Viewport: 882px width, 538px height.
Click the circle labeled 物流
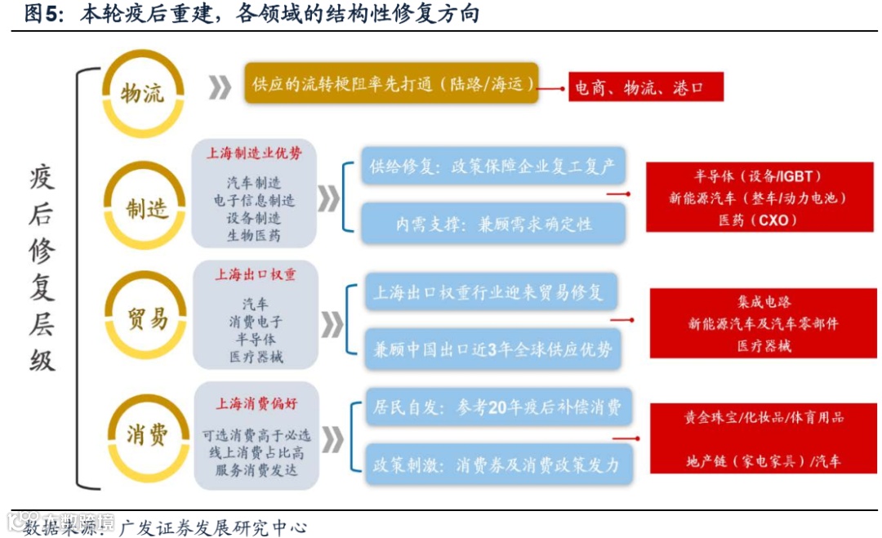point(142,92)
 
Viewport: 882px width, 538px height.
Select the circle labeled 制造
point(147,207)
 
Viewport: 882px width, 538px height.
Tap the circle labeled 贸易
point(147,318)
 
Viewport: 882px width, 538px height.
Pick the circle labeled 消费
point(147,434)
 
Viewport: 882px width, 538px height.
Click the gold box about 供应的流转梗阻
point(392,83)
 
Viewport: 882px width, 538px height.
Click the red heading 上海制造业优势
point(254,153)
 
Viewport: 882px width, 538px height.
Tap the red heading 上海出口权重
point(255,274)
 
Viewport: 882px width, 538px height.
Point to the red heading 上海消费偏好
point(255,403)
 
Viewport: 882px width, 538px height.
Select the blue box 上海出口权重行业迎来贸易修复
point(488,292)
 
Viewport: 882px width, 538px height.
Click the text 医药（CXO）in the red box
point(757,220)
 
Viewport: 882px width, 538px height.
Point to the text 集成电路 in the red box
point(763,302)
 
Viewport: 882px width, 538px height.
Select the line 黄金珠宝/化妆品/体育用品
point(763,417)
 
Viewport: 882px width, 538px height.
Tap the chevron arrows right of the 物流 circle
point(220,87)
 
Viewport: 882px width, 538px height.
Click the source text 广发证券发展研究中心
point(213,527)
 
